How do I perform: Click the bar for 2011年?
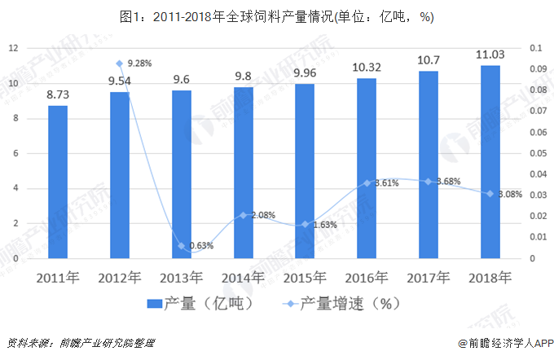tap(58, 182)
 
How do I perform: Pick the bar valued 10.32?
tap(367, 168)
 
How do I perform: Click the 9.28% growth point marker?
tap(119, 64)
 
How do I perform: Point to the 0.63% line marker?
tap(181, 245)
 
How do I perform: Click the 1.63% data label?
tap(324, 225)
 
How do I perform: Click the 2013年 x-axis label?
tap(181, 278)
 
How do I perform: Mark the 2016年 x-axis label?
tap(367, 278)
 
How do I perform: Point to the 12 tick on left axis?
tap(13, 48)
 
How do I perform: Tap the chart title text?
tap(276, 15)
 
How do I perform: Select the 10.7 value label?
tap(429, 60)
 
